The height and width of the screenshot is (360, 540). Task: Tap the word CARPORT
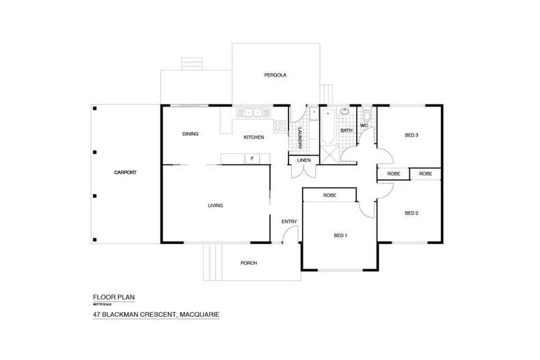pos(125,173)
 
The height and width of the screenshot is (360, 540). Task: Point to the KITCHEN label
pos(254,137)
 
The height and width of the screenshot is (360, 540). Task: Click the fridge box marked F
pos(252,159)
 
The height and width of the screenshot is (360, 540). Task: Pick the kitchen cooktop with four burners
pos(280,126)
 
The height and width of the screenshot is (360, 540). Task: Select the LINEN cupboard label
pos(303,161)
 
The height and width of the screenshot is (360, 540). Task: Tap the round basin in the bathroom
pos(346,111)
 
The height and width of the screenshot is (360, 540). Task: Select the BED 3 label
pos(411,135)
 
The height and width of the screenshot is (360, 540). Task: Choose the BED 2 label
pos(411,213)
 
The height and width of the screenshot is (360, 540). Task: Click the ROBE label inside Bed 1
pos(329,195)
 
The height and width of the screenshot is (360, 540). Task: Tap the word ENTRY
pos(288,221)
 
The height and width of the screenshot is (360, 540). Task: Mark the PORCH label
pos(249,263)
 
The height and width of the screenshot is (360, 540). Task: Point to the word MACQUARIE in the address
pos(199,315)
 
